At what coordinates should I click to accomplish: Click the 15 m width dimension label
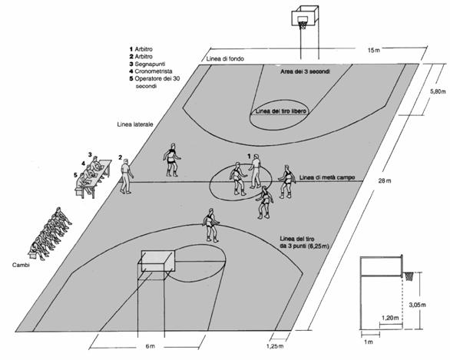pyautogui.click(x=374, y=50)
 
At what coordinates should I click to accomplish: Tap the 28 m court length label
pyautogui.click(x=385, y=180)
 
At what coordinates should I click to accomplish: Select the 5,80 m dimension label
pyautogui.click(x=438, y=92)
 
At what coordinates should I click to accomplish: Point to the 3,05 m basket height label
pyautogui.click(x=417, y=305)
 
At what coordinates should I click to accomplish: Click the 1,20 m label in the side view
pyautogui.click(x=390, y=318)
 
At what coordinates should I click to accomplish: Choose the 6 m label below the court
pyautogui.click(x=150, y=346)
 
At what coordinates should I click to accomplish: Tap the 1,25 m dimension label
pyautogui.click(x=275, y=346)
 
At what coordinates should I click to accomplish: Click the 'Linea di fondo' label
pyautogui.click(x=225, y=59)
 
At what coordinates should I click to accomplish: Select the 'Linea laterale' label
pyautogui.click(x=135, y=124)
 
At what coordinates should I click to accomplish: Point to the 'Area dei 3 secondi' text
pyautogui.click(x=305, y=71)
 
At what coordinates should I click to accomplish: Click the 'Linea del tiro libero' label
pyautogui.click(x=281, y=111)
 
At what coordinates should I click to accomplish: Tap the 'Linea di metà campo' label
pyautogui.click(x=327, y=177)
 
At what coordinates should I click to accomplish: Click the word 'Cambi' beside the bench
pyautogui.click(x=21, y=265)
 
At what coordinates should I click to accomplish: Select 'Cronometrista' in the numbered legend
pyautogui.click(x=154, y=71)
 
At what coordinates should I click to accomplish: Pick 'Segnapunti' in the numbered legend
pyautogui.click(x=150, y=64)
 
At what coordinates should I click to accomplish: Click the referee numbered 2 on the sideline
pyautogui.click(x=126, y=176)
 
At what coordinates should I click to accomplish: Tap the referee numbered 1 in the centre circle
pyautogui.click(x=256, y=171)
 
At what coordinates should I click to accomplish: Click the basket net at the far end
pyautogui.click(x=303, y=25)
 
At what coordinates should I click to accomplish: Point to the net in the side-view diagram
pyautogui.click(x=409, y=276)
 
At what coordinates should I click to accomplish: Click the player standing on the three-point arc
pyautogui.click(x=211, y=225)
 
